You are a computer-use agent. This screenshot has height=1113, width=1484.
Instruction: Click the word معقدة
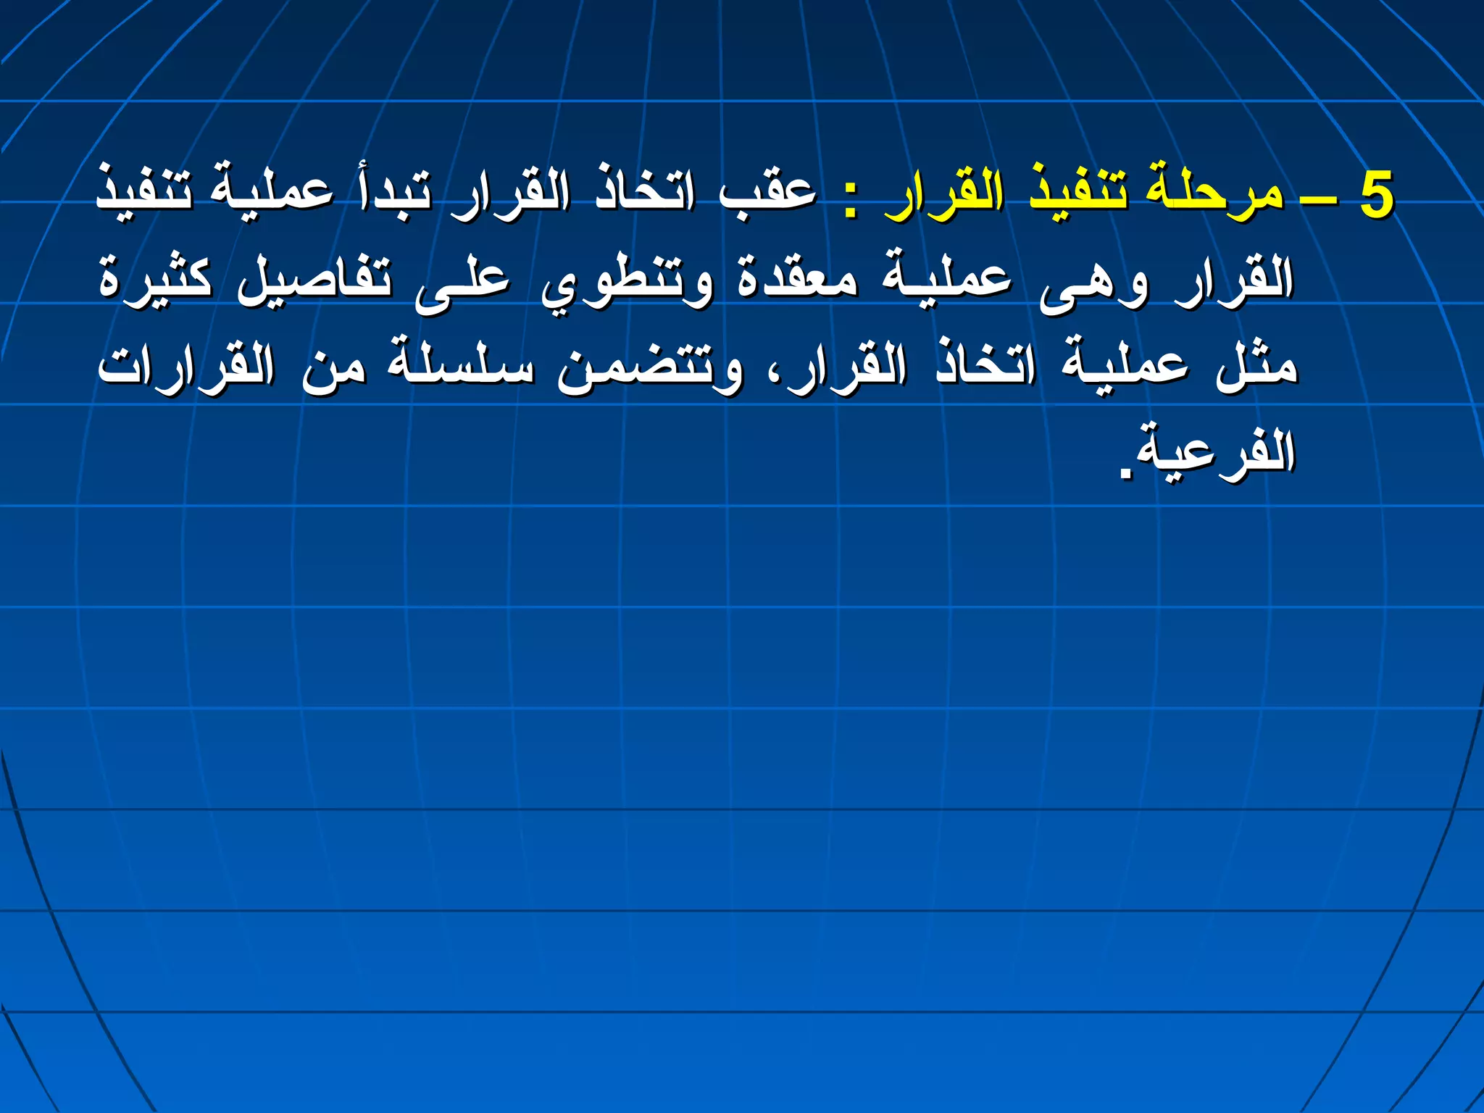tap(797, 279)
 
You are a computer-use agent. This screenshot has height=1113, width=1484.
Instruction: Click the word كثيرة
tap(156, 279)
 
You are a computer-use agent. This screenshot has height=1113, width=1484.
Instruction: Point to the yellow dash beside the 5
tap(1318, 199)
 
